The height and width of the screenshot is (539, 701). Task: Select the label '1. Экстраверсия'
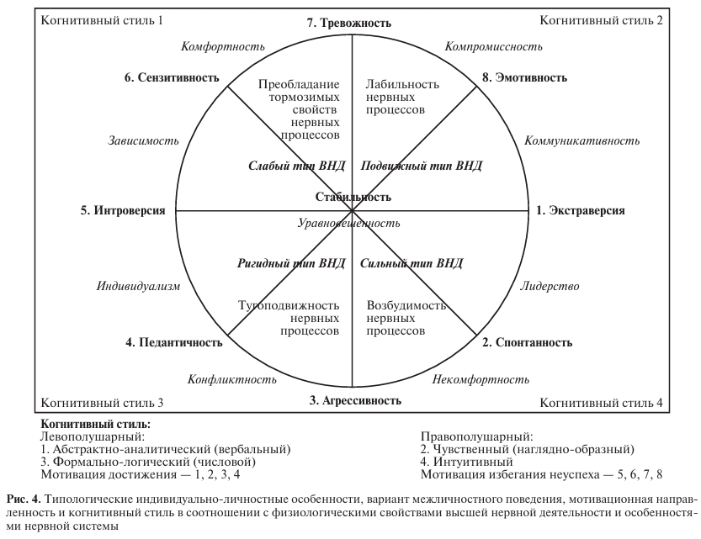coord(580,210)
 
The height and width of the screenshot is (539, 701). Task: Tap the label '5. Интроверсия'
coord(123,210)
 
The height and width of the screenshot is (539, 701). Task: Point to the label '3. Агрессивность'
coord(352,399)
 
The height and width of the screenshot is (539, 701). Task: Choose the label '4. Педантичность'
coord(174,342)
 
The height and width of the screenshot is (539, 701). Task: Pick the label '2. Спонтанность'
coord(527,342)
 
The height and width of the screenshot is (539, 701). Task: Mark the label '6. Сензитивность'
coord(172,78)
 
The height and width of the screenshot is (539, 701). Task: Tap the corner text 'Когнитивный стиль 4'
coord(601,402)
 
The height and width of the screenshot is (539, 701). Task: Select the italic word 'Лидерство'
coord(550,287)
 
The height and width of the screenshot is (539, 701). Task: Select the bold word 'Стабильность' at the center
coord(353,197)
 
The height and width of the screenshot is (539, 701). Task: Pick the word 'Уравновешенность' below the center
coord(348,223)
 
